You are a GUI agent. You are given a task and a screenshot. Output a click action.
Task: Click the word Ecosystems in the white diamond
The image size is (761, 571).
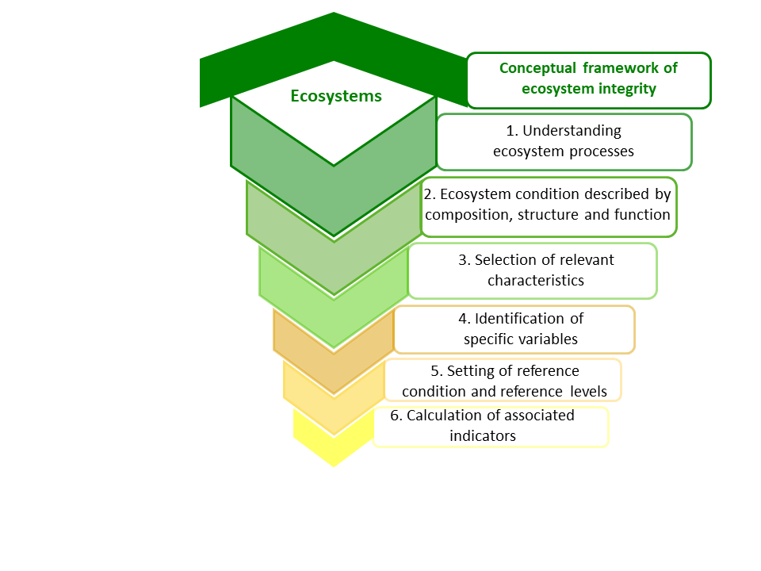click(x=336, y=96)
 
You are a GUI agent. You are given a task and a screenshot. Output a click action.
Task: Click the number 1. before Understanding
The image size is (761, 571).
click(x=512, y=131)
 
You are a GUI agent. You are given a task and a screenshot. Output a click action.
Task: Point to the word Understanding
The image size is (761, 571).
click(x=572, y=131)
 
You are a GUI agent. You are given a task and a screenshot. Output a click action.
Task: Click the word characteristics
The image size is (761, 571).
click(x=536, y=281)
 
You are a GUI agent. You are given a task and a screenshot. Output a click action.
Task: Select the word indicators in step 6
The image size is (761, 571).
click(x=483, y=436)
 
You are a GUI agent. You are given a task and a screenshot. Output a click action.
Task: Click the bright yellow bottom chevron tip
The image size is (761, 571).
click(x=334, y=466)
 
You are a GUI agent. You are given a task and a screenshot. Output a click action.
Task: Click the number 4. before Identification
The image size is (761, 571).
click(x=465, y=319)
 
